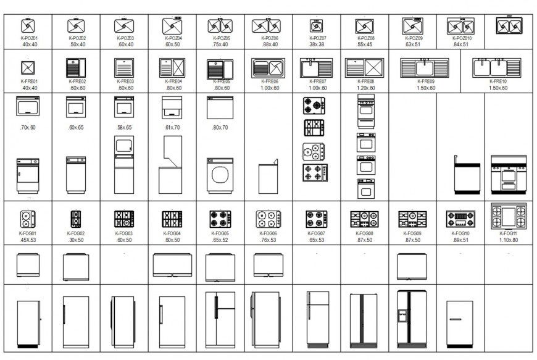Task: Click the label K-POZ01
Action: click(29, 38)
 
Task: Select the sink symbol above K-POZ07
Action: click(316, 27)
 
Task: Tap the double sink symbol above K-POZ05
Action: click(220, 26)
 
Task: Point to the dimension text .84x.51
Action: click(460, 44)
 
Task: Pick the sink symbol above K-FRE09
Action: click(425, 67)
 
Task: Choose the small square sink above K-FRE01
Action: click(28, 67)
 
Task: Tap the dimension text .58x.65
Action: click(124, 127)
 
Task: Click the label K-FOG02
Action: click(76, 233)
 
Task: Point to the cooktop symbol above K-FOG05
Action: click(220, 219)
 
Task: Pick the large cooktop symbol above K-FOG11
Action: click(509, 216)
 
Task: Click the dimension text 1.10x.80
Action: click(509, 240)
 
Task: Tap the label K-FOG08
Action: click(365, 233)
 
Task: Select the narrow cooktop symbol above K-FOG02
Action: click(76, 219)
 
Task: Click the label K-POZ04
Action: click(172, 38)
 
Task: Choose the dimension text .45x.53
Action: click(28, 240)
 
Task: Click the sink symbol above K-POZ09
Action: click(413, 25)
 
